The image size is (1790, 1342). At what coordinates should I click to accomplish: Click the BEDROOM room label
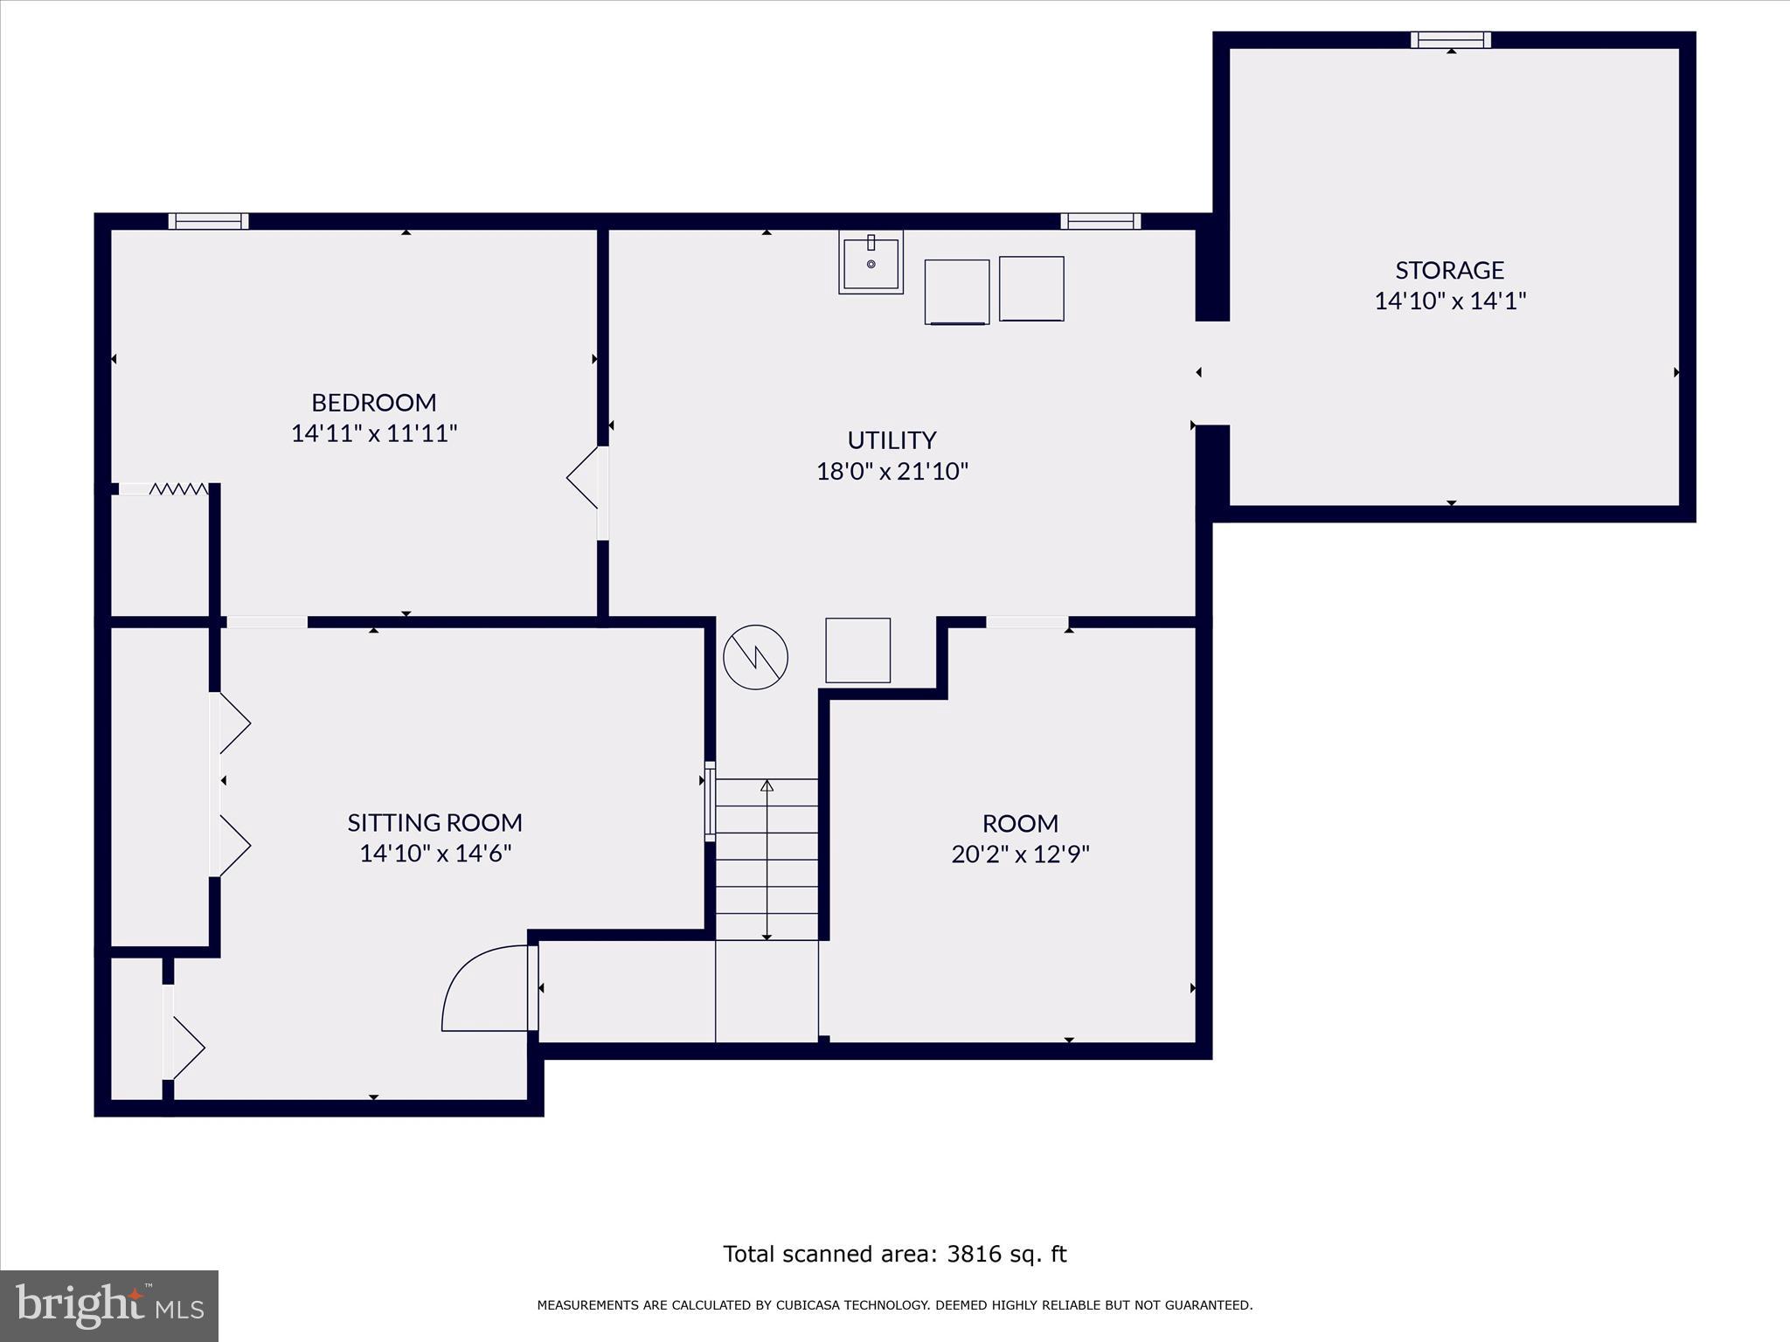tap(373, 402)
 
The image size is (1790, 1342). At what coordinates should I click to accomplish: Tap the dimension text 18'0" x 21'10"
tap(892, 472)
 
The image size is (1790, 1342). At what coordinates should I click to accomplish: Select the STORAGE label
tap(1449, 270)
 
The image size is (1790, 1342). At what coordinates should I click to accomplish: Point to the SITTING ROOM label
tap(434, 822)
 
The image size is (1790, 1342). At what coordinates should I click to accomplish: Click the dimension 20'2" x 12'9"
tap(1020, 854)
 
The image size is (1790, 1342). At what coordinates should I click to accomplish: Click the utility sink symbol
tap(871, 262)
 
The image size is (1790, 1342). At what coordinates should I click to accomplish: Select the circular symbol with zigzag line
tap(755, 657)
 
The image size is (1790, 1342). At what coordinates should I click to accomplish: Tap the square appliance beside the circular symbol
tap(857, 650)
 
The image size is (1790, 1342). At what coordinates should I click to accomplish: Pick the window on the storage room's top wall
tap(1450, 39)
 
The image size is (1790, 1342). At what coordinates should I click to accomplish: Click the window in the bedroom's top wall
tap(208, 221)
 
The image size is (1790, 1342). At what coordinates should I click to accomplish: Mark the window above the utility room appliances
tap(1100, 221)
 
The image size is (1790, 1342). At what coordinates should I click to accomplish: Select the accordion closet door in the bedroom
tap(178, 489)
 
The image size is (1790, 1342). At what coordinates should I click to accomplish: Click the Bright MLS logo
tap(108, 1305)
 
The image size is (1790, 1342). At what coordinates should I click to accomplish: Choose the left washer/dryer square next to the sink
tap(956, 292)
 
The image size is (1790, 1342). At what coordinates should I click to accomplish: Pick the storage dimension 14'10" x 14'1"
tap(1449, 301)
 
